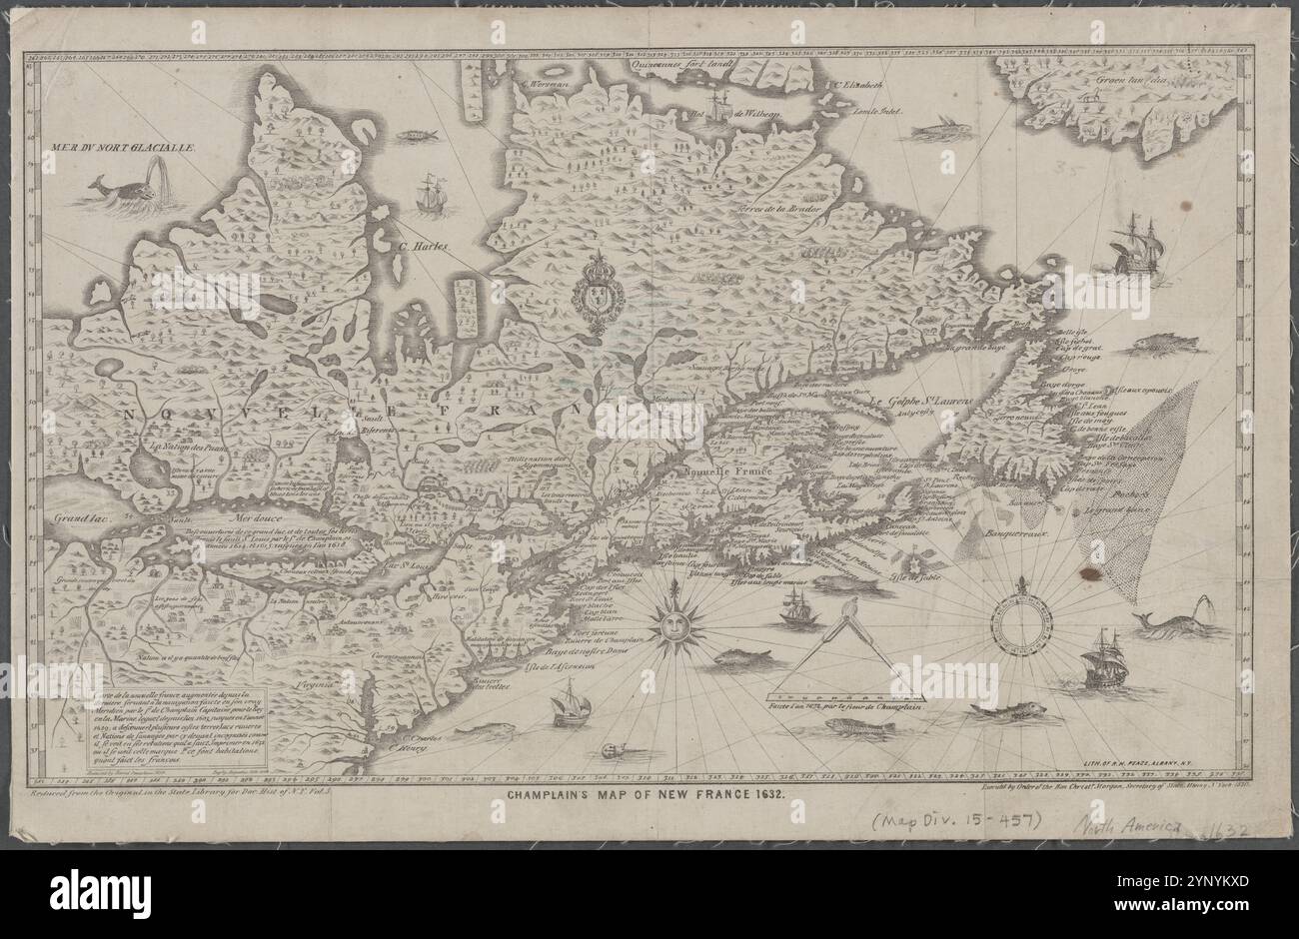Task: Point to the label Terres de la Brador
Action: click(x=779, y=209)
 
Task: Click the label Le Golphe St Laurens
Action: click(x=926, y=401)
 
